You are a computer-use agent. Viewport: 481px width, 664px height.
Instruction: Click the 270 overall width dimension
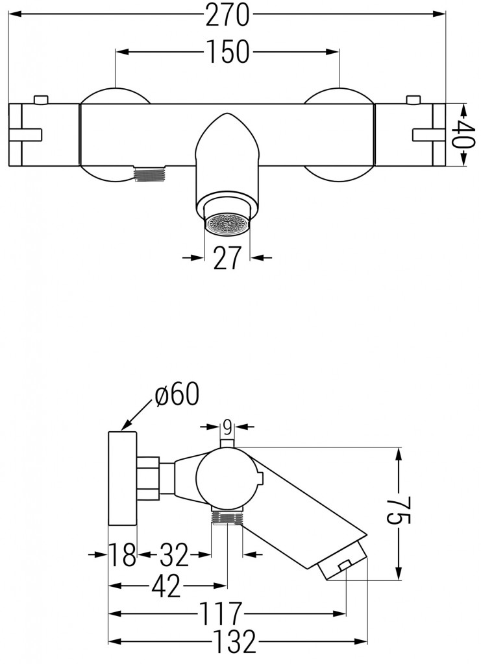[x=227, y=16]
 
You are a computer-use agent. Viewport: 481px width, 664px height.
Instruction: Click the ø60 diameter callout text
[x=177, y=395]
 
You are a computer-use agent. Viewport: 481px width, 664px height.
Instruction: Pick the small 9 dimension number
[x=227, y=427]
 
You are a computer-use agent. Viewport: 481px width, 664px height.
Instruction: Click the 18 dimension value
[x=123, y=554]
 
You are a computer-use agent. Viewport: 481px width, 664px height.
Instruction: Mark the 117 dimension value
[x=220, y=613]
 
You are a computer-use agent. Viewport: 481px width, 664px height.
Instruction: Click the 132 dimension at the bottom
[x=234, y=643]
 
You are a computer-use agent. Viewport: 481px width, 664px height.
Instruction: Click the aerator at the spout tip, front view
[x=227, y=224]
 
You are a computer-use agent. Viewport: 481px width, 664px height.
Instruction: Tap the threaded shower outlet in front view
[x=150, y=174]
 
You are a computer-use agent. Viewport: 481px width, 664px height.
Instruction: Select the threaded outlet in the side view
[x=227, y=517]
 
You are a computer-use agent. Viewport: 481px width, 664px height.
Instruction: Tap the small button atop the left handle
[x=40, y=99]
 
